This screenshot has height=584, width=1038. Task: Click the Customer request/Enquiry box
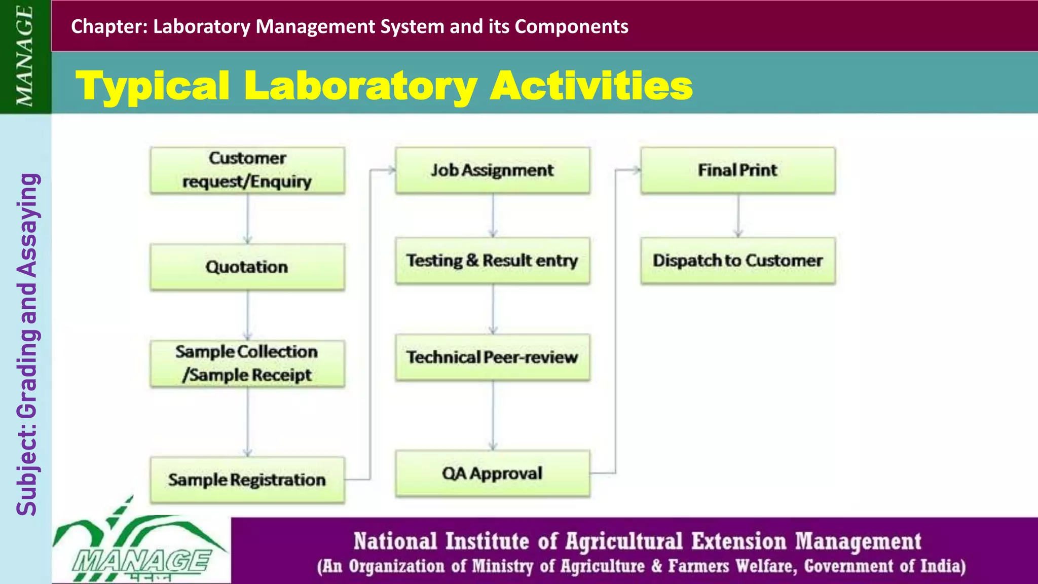tap(247, 170)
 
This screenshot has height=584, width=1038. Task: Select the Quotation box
tap(247, 267)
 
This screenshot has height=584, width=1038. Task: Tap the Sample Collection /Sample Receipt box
tap(247, 363)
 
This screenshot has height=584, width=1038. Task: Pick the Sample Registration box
tap(247, 480)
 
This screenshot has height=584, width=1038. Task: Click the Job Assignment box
tap(492, 170)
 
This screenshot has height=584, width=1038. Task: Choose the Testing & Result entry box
tap(492, 261)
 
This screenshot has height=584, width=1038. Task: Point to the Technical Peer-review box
tap(492, 357)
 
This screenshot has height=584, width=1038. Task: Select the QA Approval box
tap(492, 473)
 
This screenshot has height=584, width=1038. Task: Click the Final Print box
tap(737, 170)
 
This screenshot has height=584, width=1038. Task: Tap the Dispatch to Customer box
tap(737, 261)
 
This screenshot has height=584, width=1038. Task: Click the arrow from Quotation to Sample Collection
tap(247, 314)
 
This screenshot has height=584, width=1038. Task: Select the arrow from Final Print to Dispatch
tap(738, 215)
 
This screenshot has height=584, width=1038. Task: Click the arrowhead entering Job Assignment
tap(391, 170)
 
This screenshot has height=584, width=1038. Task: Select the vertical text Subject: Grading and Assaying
tap(27, 345)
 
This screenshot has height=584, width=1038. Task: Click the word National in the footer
tap(395, 541)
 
